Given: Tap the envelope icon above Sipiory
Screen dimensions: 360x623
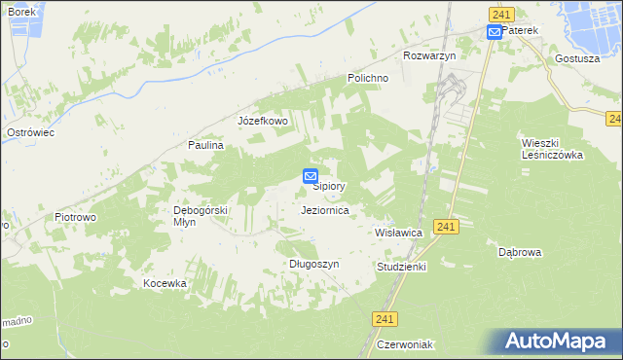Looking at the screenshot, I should click(x=311, y=176).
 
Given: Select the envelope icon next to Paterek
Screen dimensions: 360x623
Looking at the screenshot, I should click(x=494, y=31).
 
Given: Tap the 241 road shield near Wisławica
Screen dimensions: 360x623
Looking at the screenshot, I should click(x=446, y=226).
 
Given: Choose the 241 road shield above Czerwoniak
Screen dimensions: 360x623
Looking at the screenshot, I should click(x=385, y=317).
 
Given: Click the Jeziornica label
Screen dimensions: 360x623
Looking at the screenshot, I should click(x=326, y=209).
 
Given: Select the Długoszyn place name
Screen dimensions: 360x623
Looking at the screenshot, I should click(x=313, y=264).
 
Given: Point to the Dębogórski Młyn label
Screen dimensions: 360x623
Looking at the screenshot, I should click(x=200, y=215).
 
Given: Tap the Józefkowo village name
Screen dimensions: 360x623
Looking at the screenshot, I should click(x=263, y=122).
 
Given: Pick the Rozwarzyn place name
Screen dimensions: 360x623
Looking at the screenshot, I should click(x=429, y=55).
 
